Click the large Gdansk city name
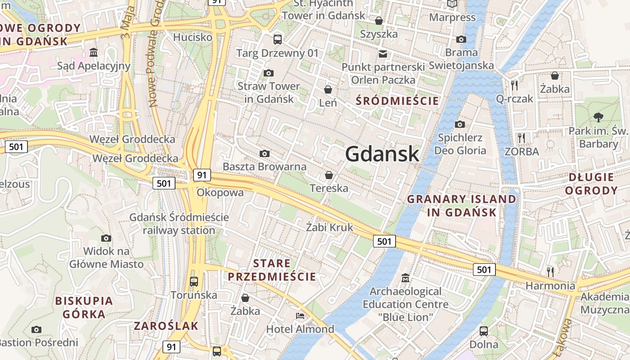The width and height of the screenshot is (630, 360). pyautogui.click(x=382, y=154)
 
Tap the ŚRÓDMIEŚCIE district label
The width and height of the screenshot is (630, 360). pyautogui.click(x=397, y=101)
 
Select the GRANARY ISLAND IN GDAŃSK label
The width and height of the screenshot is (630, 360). pyautogui.click(x=462, y=206)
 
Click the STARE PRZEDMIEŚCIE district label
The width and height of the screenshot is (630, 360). pyautogui.click(x=272, y=270)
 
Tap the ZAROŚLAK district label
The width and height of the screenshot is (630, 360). pyautogui.click(x=166, y=326)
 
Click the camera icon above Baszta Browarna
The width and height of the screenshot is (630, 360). pyautogui.click(x=265, y=154)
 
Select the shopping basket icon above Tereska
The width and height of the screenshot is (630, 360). pyautogui.click(x=329, y=175)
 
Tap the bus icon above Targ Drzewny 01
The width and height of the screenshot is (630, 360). pyautogui.click(x=278, y=39)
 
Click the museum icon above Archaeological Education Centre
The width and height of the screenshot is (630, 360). pyautogui.click(x=405, y=278)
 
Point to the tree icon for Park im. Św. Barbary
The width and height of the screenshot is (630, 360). pyautogui.click(x=598, y=117)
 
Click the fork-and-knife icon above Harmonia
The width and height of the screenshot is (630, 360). pyautogui.click(x=550, y=272)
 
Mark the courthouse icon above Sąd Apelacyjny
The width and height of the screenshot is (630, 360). pyautogui.click(x=94, y=53)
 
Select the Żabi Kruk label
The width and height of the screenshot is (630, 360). pyautogui.click(x=329, y=227)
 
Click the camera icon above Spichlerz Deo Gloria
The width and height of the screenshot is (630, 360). pyautogui.click(x=460, y=124)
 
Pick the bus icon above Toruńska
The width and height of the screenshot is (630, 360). pyautogui.click(x=194, y=282)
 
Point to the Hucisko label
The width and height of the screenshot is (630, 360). pyautogui.click(x=193, y=37)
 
